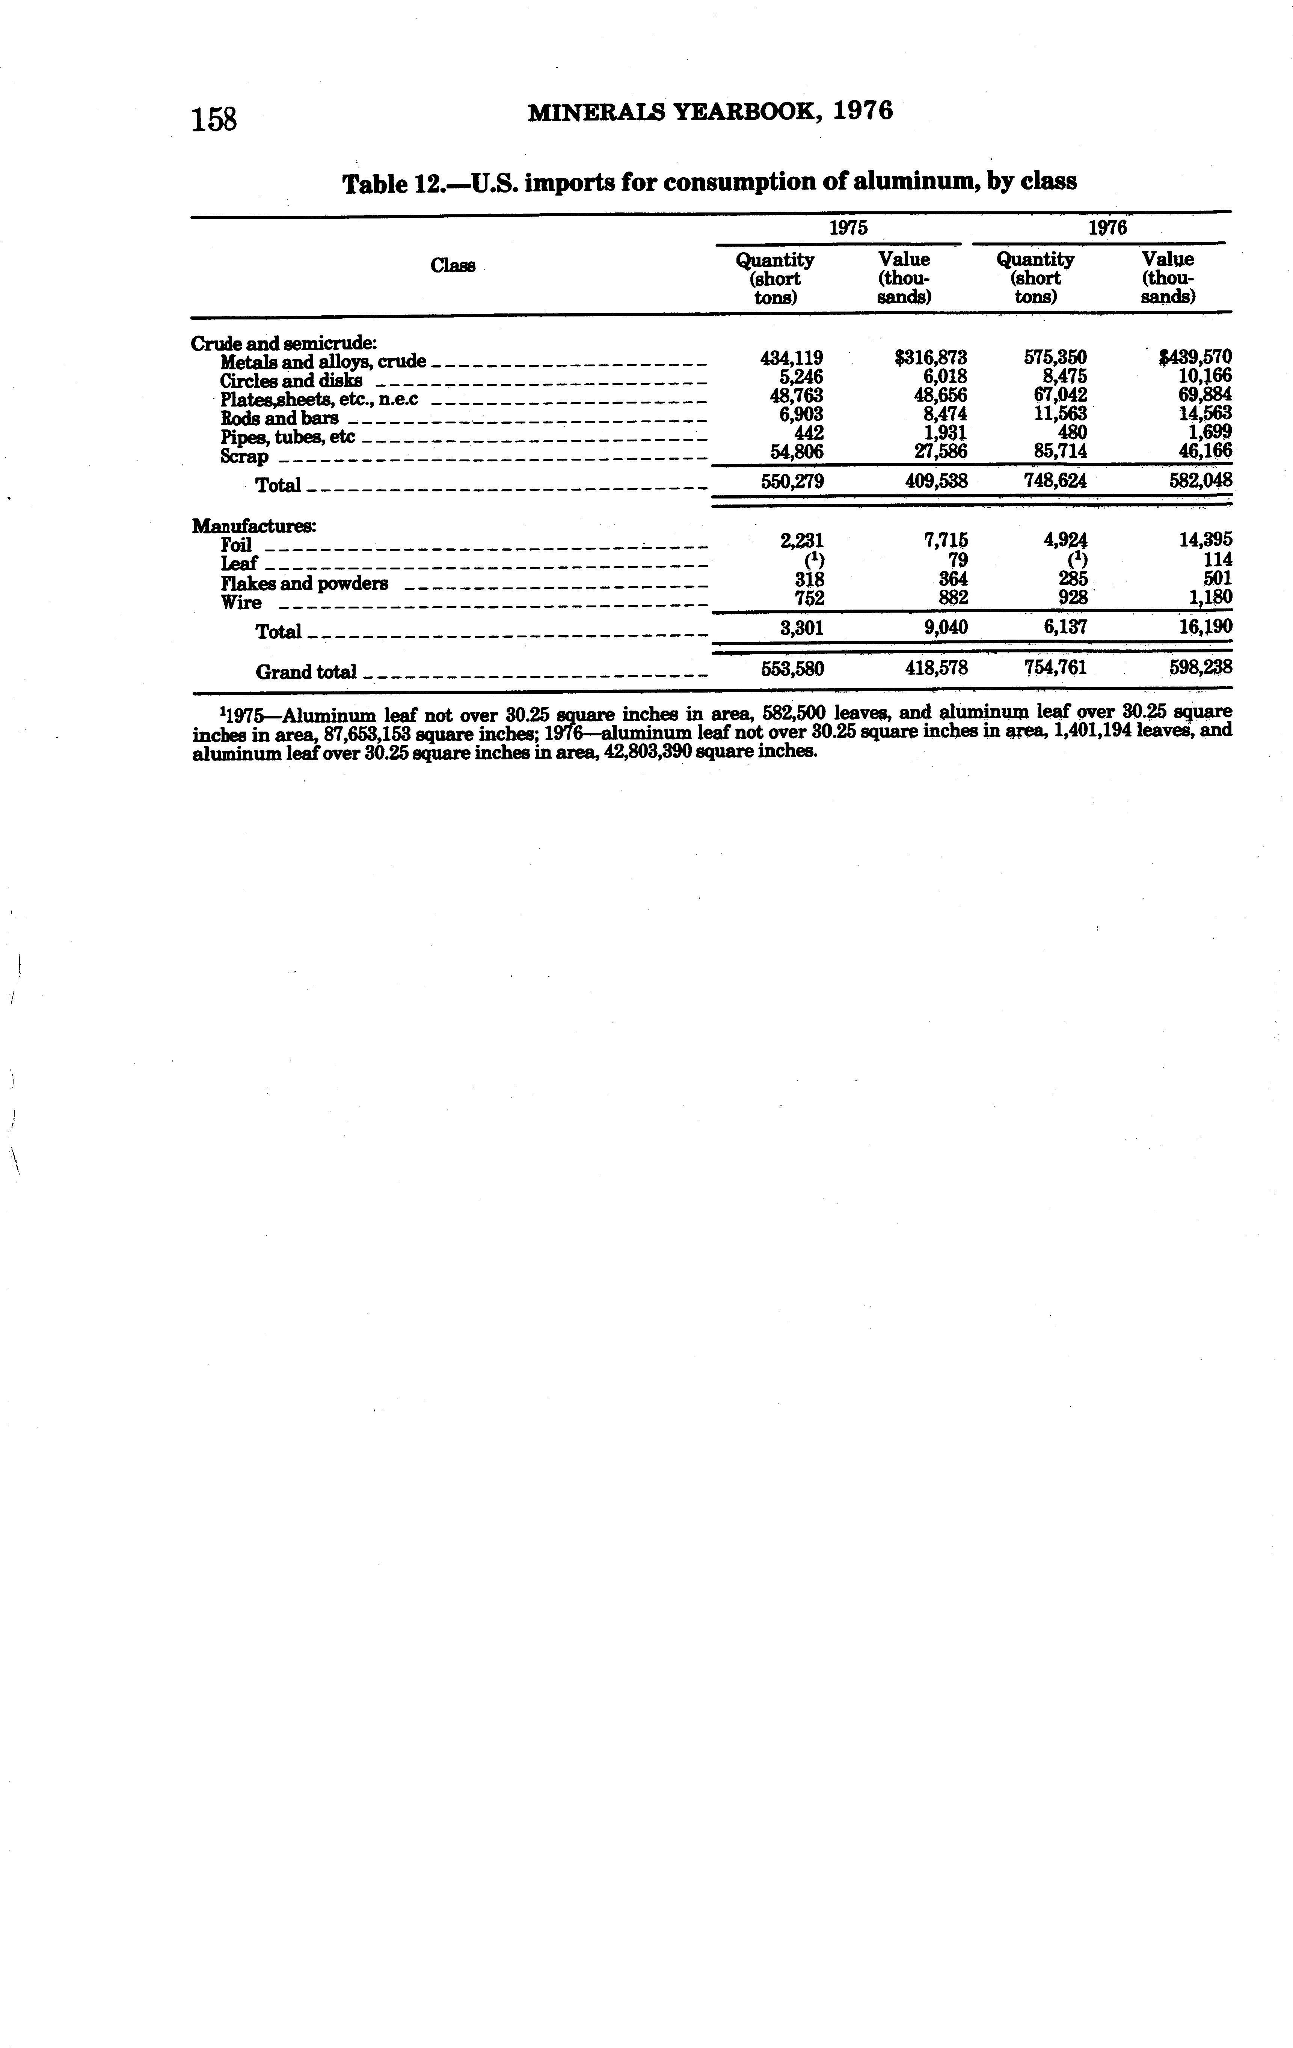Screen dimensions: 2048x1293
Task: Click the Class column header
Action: click(x=453, y=265)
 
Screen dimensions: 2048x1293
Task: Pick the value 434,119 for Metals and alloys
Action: click(x=791, y=358)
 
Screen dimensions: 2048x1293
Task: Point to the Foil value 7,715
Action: click(x=944, y=540)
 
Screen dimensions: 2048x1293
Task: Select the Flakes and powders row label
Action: click(x=305, y=583)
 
